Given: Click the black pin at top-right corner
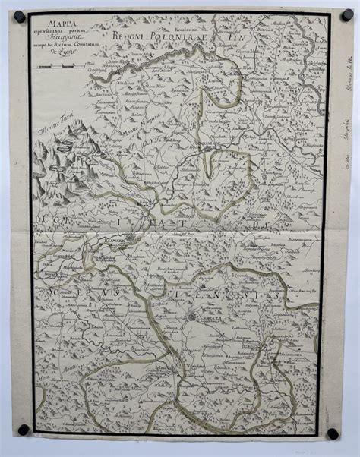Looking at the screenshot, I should (335, 10).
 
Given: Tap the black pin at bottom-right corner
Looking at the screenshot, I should (332, 433).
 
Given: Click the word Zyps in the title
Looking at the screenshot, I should (63, 64).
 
